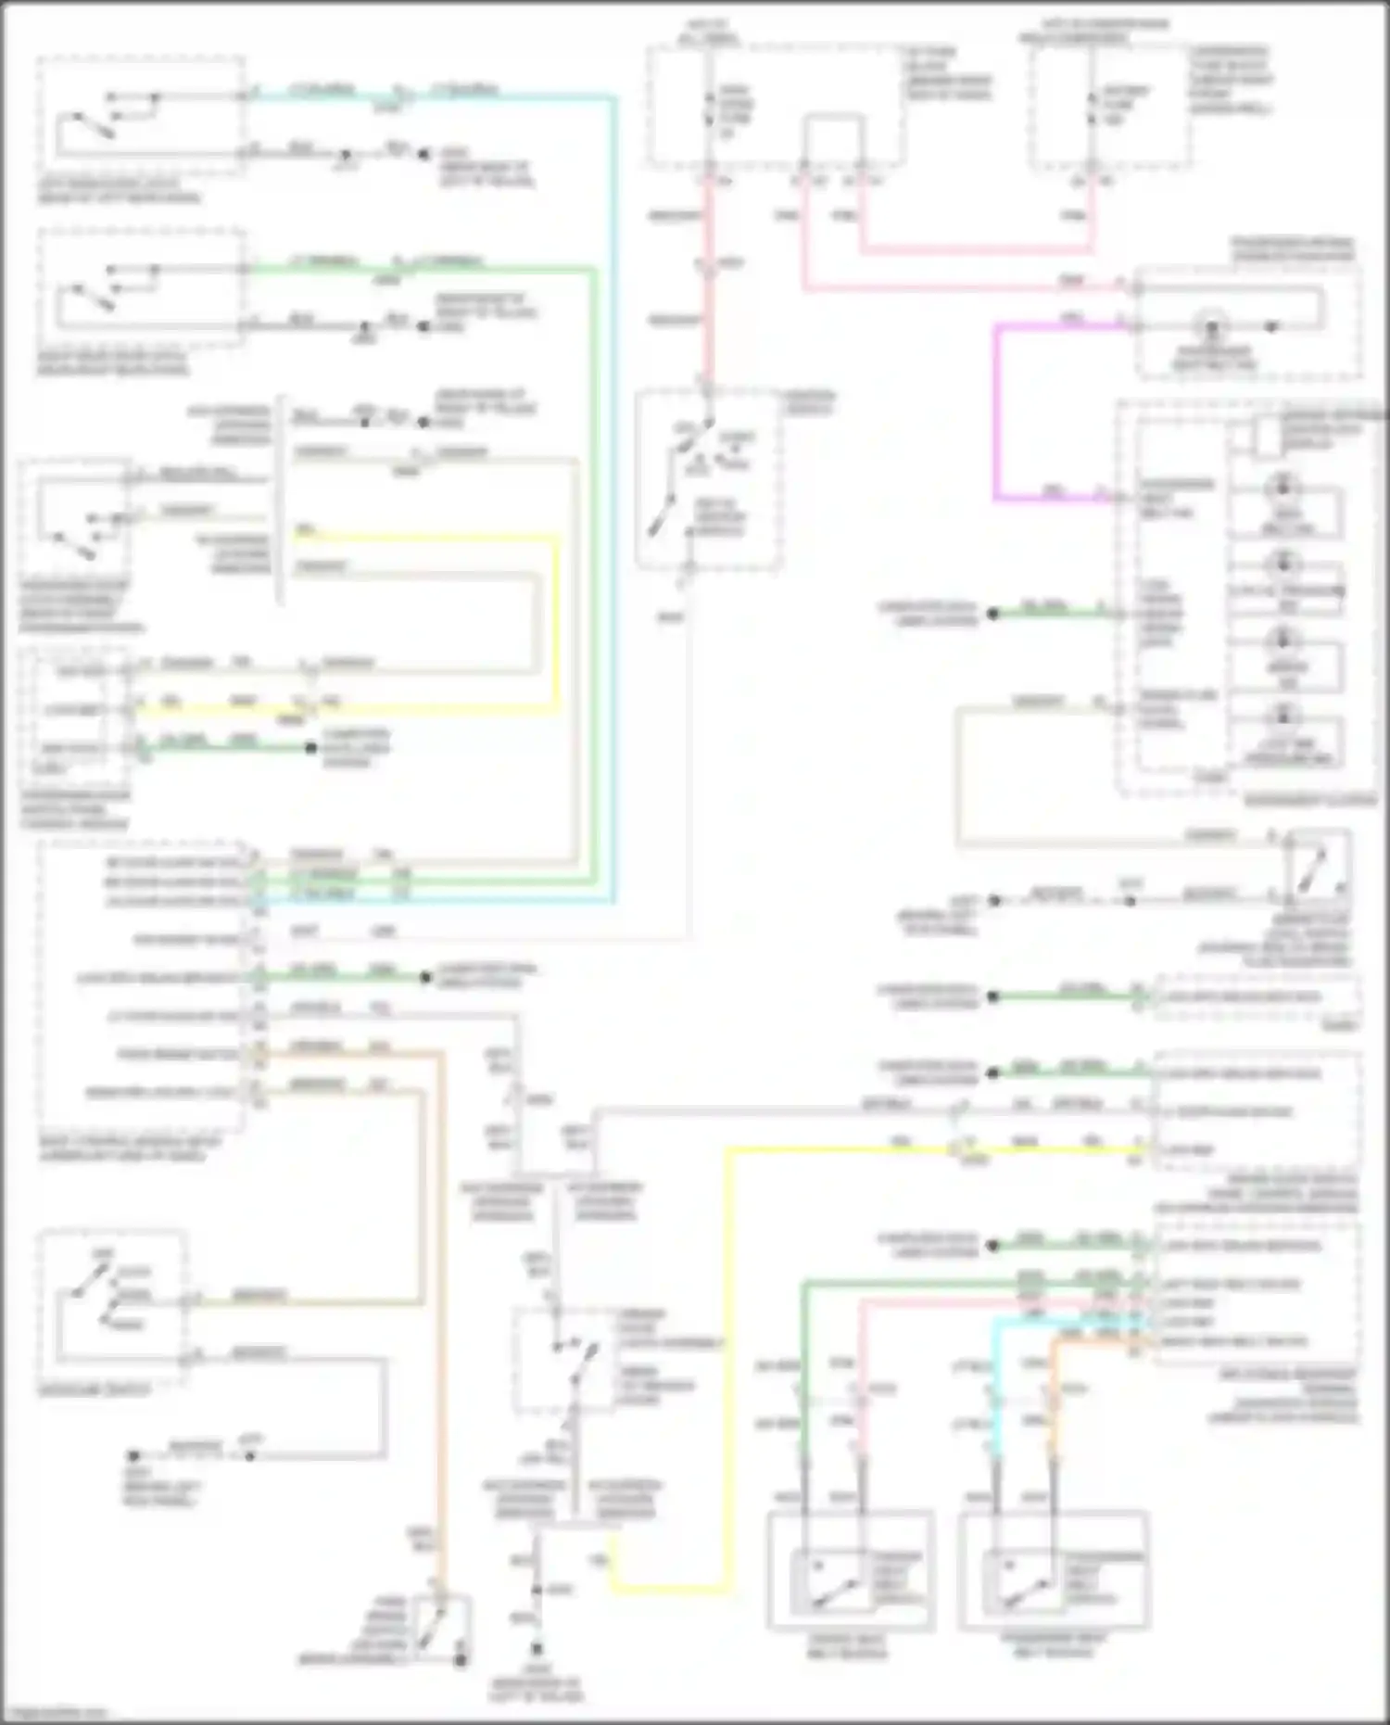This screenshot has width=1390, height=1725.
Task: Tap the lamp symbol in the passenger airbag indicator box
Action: tap(1210, 326)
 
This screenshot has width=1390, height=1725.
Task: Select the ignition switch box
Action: tap(708, 479)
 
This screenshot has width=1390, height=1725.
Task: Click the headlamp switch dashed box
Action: tap(112, 1308)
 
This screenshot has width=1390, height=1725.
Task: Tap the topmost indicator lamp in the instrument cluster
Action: tap(1283, 488)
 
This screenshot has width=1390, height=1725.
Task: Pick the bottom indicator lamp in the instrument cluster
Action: tap(1283, 715)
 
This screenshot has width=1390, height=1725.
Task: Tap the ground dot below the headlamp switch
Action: tap(133, 1456)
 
